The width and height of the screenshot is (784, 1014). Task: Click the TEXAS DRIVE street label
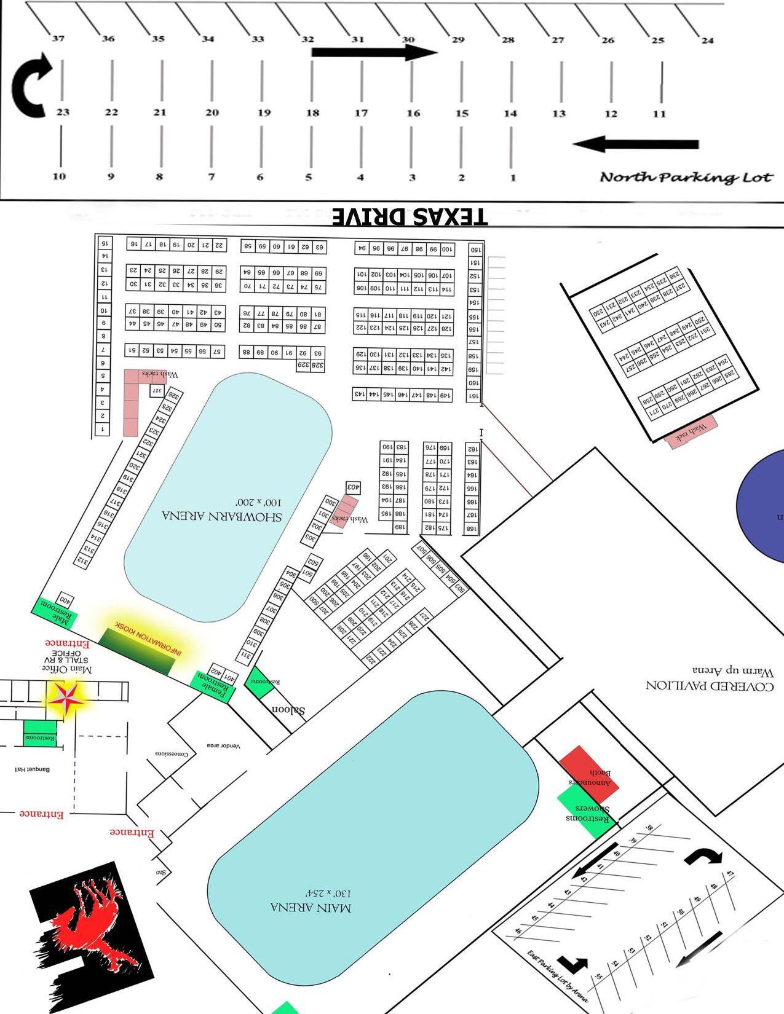click(x=410, y=216)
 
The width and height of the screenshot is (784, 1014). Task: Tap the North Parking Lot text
click(x=686, y=178)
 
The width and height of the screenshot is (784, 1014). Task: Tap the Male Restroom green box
click(x=55, y=612)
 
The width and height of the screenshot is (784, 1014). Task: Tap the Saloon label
click(x=288, y=710)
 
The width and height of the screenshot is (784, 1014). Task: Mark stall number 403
click(x=353, y=487)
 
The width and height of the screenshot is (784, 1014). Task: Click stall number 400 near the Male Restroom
click(x=65, y=599)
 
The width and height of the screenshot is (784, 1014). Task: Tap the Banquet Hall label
click(x=33, y=769)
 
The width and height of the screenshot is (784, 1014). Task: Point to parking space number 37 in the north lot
click(x=58, y=39)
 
